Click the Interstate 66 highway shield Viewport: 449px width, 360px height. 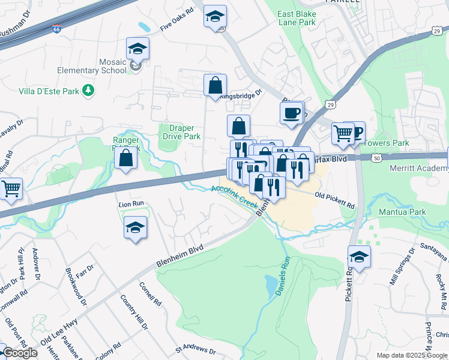56,29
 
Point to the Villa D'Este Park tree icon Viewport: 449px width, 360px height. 88,90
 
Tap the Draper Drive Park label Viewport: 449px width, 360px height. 181,132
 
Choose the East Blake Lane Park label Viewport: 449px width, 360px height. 297,18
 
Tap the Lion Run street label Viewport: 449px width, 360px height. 131,204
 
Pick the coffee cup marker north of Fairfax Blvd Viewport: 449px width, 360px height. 292,113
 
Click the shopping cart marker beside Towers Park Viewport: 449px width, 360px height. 343,133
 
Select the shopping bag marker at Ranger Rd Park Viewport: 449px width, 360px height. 126,158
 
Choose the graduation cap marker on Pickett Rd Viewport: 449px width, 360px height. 359,257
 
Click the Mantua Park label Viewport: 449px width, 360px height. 402,212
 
